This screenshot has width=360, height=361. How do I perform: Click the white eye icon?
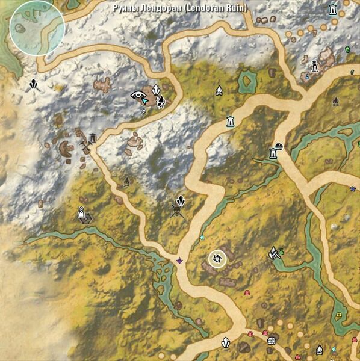pos(138,94)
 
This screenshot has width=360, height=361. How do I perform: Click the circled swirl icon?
pos(216,259)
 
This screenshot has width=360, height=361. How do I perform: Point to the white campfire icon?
pos(219,91)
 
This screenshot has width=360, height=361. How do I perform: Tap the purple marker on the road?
pos(179,261)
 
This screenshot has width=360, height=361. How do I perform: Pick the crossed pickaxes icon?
pos(85,146)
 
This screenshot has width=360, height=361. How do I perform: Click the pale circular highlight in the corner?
pos(37,28)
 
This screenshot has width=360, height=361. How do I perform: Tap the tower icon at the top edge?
pos(332,10)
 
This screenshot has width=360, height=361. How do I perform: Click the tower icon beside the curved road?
pos(229,122)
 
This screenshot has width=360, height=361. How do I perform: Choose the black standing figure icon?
pos(314,64)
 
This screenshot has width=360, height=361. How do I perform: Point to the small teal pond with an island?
pos(247,80)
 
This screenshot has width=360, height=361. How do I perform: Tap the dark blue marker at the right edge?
pos(353,188)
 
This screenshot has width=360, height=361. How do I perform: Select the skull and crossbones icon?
pos(176,211)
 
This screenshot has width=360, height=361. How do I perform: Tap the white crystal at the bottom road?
pos(226,342)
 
